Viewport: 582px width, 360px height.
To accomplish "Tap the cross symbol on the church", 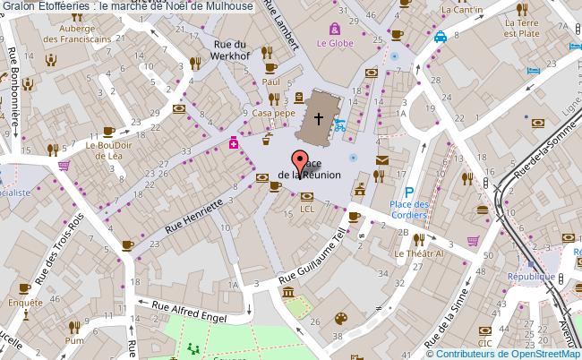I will pyautogui.click(x=318, y=118).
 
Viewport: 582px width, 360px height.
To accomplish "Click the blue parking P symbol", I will pyautogui.click(x=409, y=191).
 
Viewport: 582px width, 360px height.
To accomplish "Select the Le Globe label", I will pyautogui.click(x=334, y=41).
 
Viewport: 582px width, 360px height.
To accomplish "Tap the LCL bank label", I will pyautogui.click(x=307, y=208).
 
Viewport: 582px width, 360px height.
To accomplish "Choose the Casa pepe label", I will pyautogui.click(x=273, y=114).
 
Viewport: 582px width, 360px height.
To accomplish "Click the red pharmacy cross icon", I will pyautogui.click(x=234, y=142).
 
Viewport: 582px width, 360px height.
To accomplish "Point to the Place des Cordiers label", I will pyautogui.click(x=411, y=210).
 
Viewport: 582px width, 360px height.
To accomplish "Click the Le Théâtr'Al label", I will pyautogui.click(x=419, y=253).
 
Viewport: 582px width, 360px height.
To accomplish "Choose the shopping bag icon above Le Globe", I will pyautogui.click(x=335, y=28).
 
